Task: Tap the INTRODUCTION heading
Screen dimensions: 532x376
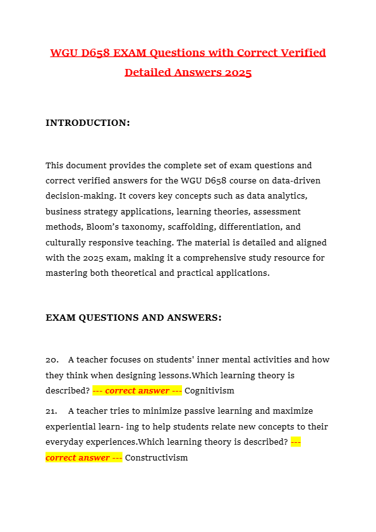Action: click(88, 123)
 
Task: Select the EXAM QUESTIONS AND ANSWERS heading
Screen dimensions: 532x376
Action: click(133, 318)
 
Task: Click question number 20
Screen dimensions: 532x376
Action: click(52, 359)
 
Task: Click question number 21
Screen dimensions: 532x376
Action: click(52, 411)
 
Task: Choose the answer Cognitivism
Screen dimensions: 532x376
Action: click(209, 391)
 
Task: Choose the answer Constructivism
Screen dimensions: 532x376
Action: click(156, 458)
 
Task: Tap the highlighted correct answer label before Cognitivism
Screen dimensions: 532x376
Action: click(137, 391)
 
